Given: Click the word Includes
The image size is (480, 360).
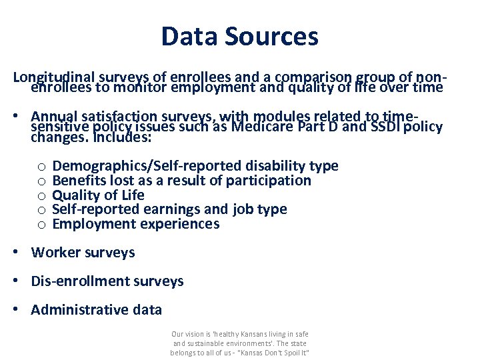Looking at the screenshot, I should (123, 139).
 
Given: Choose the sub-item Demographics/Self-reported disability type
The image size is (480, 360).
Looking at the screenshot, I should (195, 166).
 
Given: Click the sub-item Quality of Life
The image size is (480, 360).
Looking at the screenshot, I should (98, 195).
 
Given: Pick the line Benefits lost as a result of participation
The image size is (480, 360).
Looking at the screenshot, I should (181, 181).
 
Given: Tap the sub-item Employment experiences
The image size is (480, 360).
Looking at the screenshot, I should (135, 224).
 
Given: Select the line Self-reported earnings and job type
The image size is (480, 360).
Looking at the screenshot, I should (169, 209).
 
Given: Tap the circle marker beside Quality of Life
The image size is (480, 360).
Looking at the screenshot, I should (41, 196).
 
